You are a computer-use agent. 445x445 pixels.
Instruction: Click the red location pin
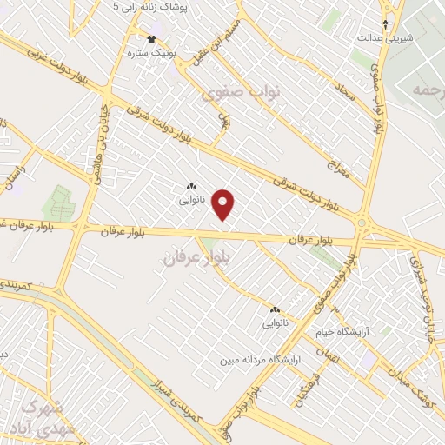point(224,204)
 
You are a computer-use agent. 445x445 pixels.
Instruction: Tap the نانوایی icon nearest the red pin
point(191,186)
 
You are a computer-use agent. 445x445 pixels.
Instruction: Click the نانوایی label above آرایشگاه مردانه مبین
point(274,323)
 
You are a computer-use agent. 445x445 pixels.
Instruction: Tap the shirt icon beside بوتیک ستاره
point(151,39)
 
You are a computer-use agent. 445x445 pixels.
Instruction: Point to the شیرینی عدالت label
point(387,38)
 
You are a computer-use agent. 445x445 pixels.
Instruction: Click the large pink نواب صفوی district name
point(232,94)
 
